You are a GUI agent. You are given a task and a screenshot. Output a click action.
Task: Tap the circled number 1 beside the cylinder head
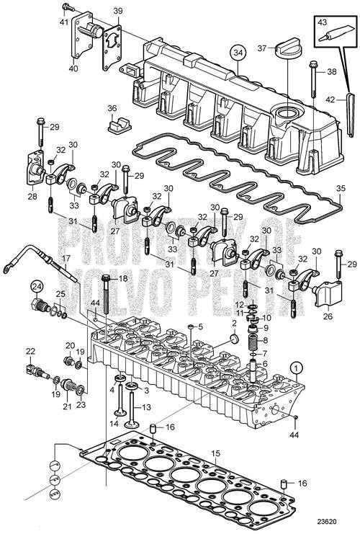pyautogui.click(x=294, y=367)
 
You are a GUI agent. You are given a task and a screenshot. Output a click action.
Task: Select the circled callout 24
pyautogui.click(x=35, y=287)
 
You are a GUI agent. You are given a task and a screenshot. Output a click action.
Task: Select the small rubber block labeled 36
pyautogui.click(x=115, y=125)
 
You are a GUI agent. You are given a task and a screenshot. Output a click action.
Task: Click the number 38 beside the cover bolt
pyautogui.click(x=332, y=72)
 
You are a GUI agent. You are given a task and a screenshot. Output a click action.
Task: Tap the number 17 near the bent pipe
pyautogui.click(x=65, y=258)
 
